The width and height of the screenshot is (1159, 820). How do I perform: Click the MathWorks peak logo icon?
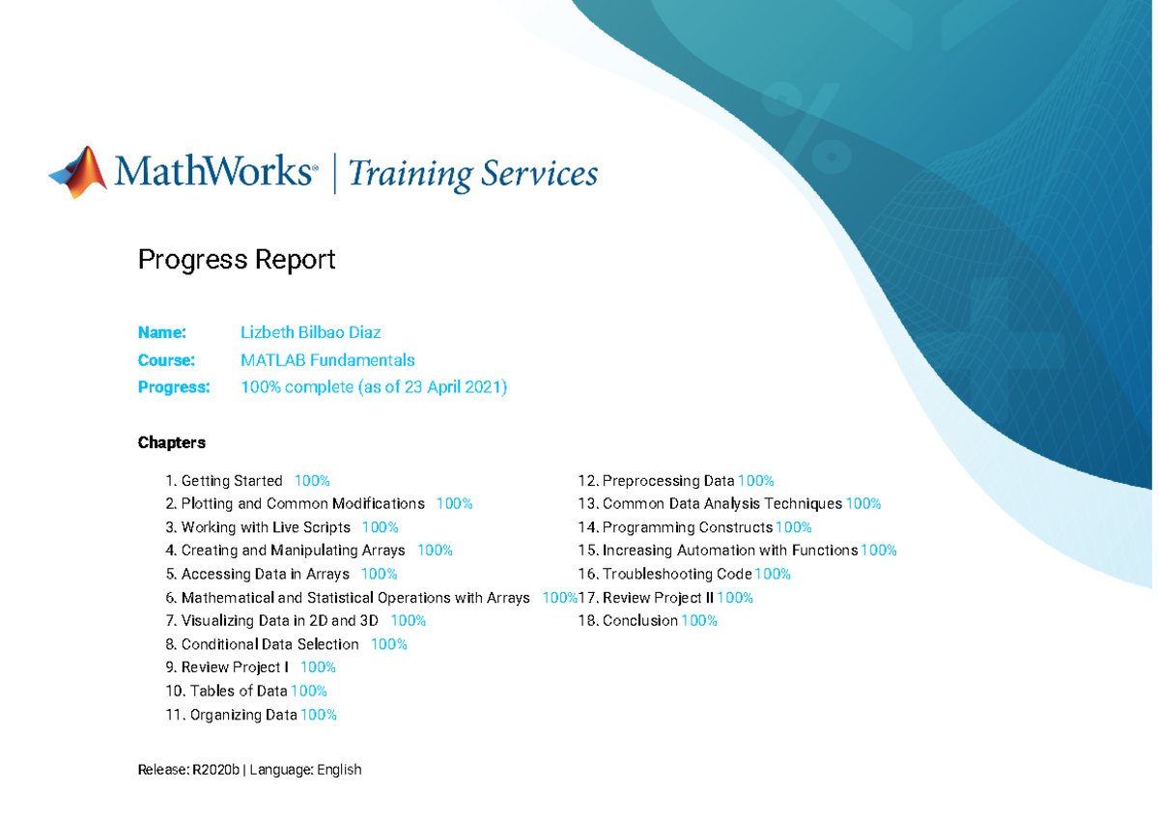pos(78,172)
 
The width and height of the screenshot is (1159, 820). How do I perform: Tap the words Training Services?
pos(473,173)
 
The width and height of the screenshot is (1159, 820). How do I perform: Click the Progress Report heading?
pos(237,260)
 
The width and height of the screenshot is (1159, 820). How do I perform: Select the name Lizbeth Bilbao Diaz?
pos(310,332)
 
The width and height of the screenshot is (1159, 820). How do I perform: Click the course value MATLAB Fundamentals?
pos(327,360)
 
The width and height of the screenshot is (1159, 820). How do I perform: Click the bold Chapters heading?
pos(171,443)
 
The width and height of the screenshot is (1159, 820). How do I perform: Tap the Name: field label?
pos(162,332)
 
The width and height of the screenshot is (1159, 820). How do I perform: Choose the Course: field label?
pos(166,360)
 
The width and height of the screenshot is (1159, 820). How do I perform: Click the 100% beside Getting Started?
pos(312,481)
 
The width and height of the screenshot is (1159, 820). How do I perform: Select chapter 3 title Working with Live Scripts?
pos(266,527)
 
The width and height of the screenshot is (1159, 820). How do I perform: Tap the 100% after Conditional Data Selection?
pos(389,644)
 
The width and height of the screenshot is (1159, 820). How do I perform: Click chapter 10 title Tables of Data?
pos(239,692)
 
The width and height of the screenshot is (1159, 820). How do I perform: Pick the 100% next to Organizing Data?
pos(319,715)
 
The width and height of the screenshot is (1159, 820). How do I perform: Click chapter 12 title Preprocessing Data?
pos(668,481)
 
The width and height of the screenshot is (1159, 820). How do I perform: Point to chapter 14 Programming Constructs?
pos(688,527)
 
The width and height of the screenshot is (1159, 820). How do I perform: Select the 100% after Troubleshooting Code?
pos(773,575)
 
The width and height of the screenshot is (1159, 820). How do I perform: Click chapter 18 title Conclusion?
pos(640,621)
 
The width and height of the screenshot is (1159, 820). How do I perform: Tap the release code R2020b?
pos(215,770)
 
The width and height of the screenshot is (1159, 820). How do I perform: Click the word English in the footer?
pos(339,771)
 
